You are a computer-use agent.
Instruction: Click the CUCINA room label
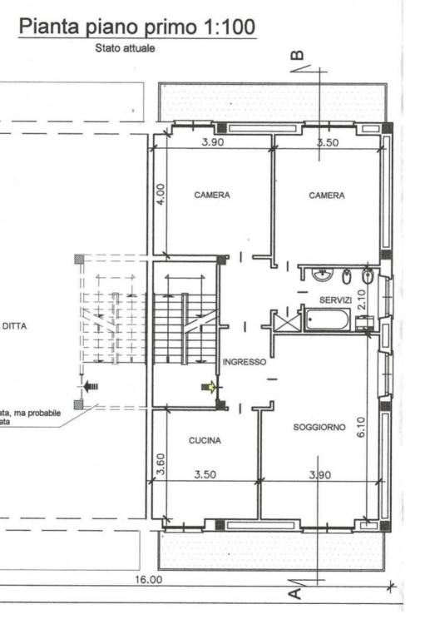[205, 440]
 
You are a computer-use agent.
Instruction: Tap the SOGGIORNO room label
[319, 427]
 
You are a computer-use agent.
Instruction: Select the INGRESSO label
[245, 362]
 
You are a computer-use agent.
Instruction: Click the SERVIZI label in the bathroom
[335, 300]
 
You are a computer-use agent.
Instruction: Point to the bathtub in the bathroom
[327, 319]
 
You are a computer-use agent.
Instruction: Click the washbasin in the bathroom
[324, 275]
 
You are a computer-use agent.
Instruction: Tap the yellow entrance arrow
[209, 387]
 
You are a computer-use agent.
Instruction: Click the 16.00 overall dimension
[149, 579]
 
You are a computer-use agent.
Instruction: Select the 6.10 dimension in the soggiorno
[362, 427]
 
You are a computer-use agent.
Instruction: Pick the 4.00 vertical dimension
[161, 195]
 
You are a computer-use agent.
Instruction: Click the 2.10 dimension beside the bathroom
[362, 300]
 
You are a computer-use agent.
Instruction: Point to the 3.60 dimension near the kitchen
[161, 464]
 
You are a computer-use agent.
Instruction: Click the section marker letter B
[299, 55]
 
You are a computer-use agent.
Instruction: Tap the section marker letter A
[296, 594]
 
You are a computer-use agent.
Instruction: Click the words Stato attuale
[125, 48]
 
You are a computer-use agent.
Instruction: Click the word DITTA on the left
[15, 326]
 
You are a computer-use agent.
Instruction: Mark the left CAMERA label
[212, 196]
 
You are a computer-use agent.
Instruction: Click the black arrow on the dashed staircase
[91, 386]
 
